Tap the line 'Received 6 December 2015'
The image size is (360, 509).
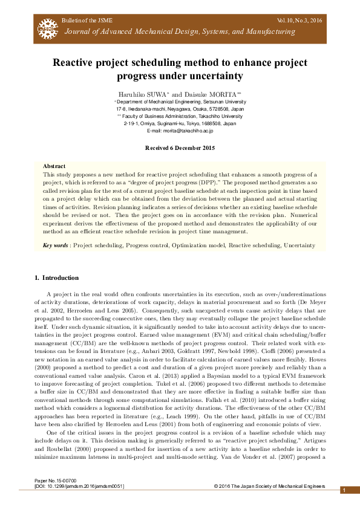(x=180, y=148)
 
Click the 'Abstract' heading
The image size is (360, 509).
(x=54, y=166)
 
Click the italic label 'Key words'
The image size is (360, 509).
(x=56, y=245)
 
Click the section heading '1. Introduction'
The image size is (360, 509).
(x=56, y=278)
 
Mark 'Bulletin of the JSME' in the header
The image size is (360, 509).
(x=86, y=21)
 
